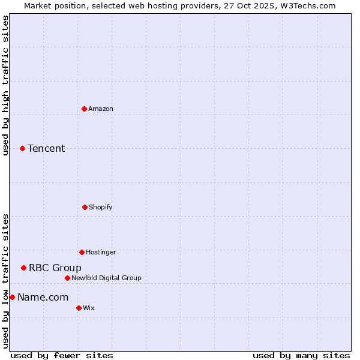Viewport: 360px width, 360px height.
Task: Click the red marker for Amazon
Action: tap(84, 109)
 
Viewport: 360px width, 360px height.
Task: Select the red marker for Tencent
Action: tap(22, 148)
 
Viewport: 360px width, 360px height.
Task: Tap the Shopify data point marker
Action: tap(85, 207)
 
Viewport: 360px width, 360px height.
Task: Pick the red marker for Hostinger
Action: tap(82, 252)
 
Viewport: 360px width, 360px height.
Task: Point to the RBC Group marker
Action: tap(23, 268)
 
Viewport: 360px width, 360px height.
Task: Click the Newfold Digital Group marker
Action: tap(67, 278)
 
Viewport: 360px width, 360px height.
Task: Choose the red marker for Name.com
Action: tap(12, 297)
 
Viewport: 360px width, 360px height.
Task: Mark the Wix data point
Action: tap(79, 308)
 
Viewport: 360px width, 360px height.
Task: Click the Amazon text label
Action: tap(101, 109)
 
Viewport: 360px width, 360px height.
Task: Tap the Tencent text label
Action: tap(46, 148)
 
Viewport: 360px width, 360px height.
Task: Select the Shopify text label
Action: tap(101, 207)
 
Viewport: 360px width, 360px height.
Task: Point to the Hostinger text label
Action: tap(101, 252)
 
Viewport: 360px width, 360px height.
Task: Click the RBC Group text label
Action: tap(55, 268)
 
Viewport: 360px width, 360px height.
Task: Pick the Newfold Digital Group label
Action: tap(107, 278)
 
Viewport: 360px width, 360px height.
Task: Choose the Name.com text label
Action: tap(43, 297)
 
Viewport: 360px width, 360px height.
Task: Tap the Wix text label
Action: tap(89, 308)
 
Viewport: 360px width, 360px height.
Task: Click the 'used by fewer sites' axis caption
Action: tap(62, 355)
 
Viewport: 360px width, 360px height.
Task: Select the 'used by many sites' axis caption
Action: tap(301, 355)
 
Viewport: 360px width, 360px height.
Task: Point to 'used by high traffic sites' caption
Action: tap(5, 85)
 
